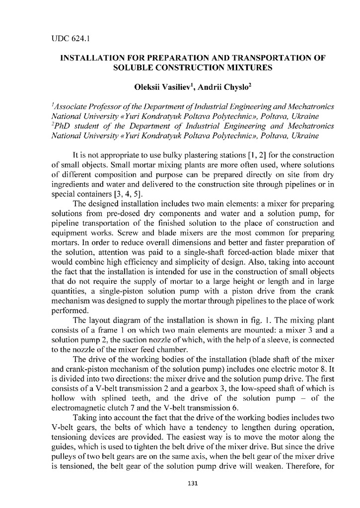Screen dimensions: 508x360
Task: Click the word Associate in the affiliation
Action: click(72, 107)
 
